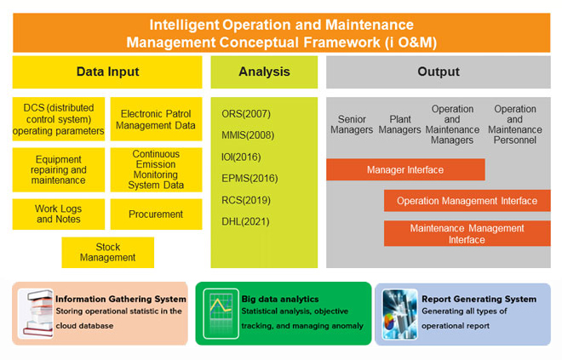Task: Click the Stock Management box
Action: (108, 252)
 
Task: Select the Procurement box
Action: (157, 214)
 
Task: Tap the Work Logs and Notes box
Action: (59, 214)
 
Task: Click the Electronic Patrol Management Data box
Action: (157, 119)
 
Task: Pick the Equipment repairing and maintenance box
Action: (59, 170)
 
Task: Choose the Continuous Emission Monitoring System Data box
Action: (157, 170)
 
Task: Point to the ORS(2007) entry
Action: (246, 114)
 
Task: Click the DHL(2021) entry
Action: (245, 221)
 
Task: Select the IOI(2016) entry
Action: (241, 157)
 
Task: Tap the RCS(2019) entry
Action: (246, 200)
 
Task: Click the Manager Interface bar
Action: (405, 169)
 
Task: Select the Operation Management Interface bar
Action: (467, 201)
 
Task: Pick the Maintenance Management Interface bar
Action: (467, 233)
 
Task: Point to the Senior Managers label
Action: (352, 124)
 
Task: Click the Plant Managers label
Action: (399, 124)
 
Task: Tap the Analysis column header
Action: (264, 72)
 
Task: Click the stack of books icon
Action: (36, 313)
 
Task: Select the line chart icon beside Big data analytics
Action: (221, 313)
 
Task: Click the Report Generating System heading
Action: (479, 299)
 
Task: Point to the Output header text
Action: (439, 71)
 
